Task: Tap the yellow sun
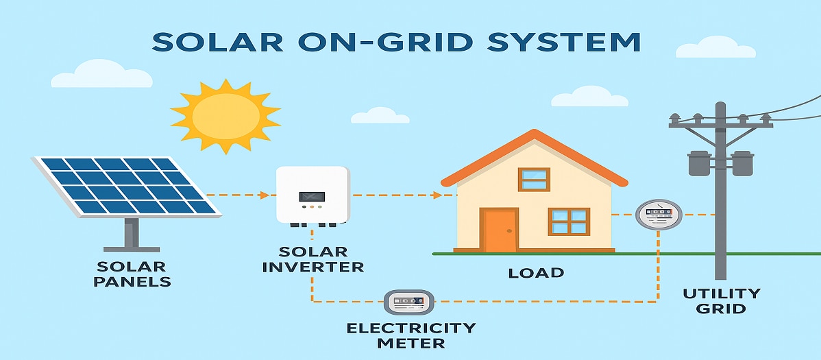point(225,117)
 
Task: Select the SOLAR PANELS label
point(132,274)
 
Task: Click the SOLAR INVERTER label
point(313,259)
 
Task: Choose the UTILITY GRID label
point(721,300)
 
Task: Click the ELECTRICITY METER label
point(411,335)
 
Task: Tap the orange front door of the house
point(498,230)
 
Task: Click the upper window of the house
point(534,179)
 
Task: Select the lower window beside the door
point(569,221)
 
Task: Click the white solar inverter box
point(313,195)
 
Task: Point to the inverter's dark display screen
point(312,197)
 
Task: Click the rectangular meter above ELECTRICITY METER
point(409,302)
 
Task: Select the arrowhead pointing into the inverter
point(265,195)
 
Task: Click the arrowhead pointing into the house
point(437,195)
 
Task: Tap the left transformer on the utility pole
point(700,163)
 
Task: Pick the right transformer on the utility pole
point(742,163)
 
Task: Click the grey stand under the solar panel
point(132,235)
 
